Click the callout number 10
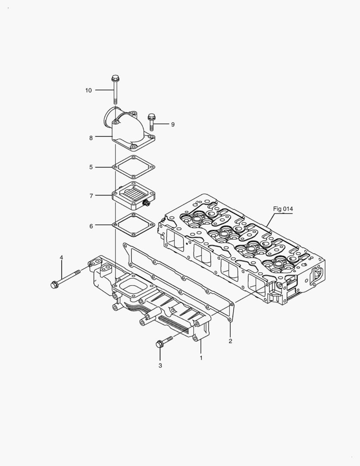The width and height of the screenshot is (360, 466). [x=88, y=90]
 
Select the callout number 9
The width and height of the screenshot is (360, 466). [x=172, y=124]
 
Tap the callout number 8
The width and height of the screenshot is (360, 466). [x=91, y=138]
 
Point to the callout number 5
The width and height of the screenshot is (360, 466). [x=91, y=167]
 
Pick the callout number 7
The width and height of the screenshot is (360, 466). [x=91, y=196]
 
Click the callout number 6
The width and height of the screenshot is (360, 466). [x=91, y=226]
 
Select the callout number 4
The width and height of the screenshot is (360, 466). [x=61, y=258]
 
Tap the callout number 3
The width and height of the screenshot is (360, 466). [x=160, y=365]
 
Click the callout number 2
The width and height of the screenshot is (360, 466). [x=230, y=341]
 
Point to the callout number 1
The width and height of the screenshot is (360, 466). [x=200, y=357]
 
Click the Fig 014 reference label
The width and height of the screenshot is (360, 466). [x=283, y=209]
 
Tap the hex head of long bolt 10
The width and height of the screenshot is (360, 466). [x=115, y=79]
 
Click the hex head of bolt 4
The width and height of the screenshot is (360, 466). [x=55, y=284]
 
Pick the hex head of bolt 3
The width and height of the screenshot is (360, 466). [x=159, y=344]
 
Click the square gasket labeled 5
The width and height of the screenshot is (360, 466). [x=134, y=167]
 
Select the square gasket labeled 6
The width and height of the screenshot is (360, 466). [x=134, y=225]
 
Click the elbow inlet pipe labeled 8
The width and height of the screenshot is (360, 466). [x=129, y=129]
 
